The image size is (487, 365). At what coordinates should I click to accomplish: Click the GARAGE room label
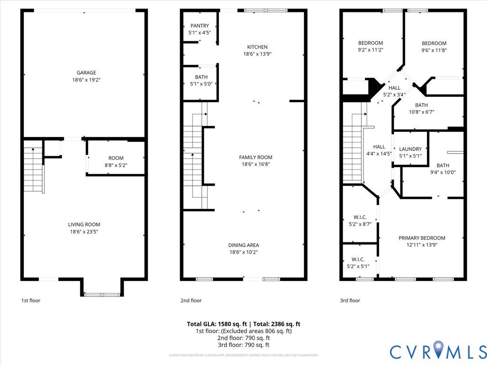coord(84,73)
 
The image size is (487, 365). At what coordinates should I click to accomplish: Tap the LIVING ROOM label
coord(84,224)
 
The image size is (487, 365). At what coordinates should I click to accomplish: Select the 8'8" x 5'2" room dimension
coord(116,165)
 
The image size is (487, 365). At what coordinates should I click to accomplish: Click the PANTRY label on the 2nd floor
coord(199,26)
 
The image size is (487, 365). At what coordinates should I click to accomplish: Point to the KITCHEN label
coord(257,47)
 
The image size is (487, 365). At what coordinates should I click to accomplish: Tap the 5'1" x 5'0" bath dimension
coord(201,84)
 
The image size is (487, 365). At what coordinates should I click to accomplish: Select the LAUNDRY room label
coord(410,149)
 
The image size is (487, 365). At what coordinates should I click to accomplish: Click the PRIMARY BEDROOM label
coord(421,238)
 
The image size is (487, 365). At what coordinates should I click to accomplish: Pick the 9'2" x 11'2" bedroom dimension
coord(370,50)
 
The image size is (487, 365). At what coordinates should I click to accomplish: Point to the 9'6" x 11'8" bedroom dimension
coord(434,50)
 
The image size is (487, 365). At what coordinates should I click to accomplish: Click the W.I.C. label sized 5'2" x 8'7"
coord(360,217)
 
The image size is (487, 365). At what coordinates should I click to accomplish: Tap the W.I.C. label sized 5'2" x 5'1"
coord(358,259)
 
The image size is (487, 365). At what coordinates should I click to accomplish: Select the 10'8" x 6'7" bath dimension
coord(421,112)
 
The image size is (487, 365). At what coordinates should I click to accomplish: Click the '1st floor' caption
coord(31,300)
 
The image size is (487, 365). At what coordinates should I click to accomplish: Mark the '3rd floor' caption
coord(350,300)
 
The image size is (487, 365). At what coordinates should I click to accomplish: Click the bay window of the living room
coord(102,295)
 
